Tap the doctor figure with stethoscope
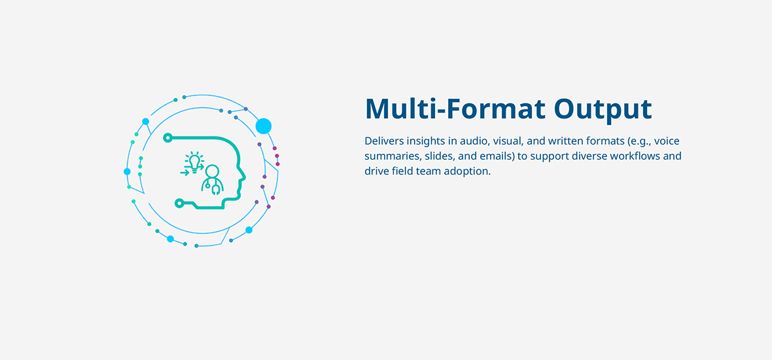(212, 180)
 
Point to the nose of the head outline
(244, 176)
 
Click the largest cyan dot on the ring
(264, 126)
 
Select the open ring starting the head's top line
(168, 138)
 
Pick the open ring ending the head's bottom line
(180, 202)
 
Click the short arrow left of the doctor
(184, 172)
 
